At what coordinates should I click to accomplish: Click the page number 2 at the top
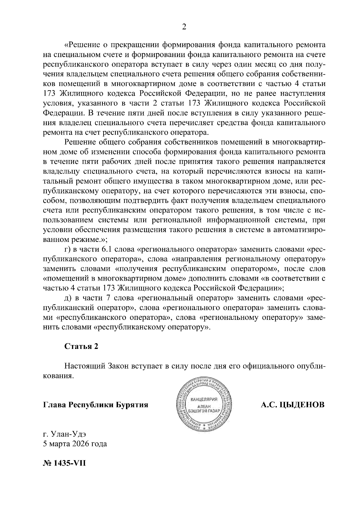click(x=184, y=27)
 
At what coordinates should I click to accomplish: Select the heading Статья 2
click(x=81, y=346)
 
